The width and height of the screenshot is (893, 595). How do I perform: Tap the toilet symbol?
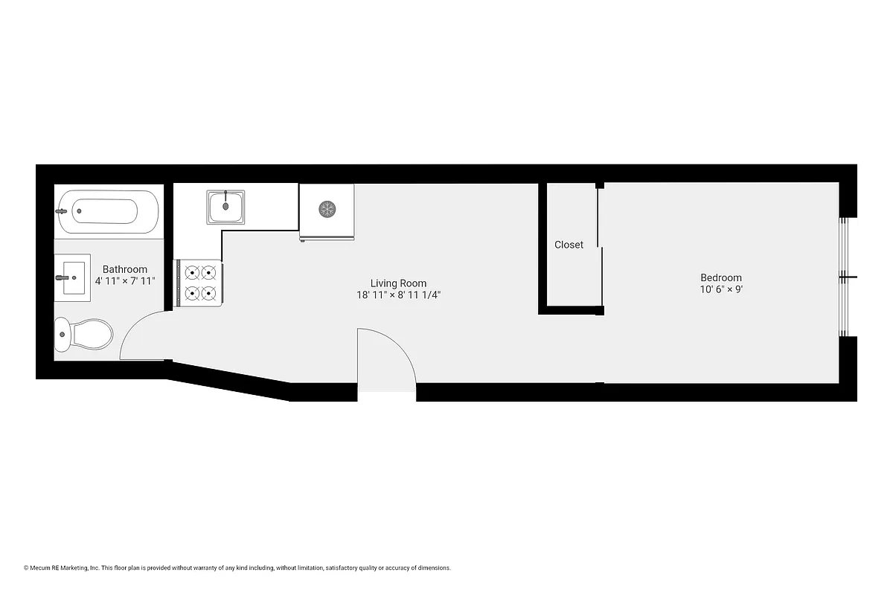tap(83, 335)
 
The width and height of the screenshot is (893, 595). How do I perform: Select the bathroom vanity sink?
tap(72, 277)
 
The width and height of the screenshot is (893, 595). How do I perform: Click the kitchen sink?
tap(227, 206)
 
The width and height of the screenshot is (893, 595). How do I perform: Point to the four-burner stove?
tap(199, 283)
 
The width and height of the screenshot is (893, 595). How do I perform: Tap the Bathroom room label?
tap(124, 269)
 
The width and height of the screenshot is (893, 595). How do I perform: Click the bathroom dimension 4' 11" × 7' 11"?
tap(124, 281)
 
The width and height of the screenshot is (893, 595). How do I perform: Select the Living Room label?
tap(398, 283)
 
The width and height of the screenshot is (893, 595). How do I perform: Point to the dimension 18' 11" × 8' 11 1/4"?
tap(398, 295)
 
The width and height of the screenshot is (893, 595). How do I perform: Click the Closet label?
tap(569, 245)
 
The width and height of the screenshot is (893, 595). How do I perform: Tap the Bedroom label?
tap(720, 278)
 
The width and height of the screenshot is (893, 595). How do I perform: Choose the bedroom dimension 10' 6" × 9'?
tap(720, 290)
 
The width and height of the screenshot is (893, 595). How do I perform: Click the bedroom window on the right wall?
tap(844, 277)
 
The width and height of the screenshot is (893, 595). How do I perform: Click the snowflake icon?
tap(327, 209)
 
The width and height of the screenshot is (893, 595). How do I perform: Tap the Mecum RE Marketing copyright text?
tap(237, 568)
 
